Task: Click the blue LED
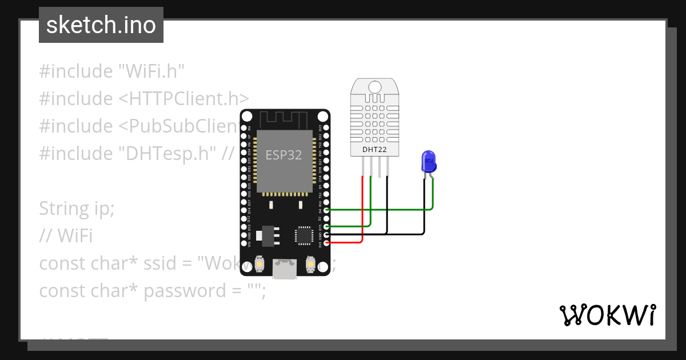(x=428, y=162)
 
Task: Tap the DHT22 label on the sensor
(x=374, y=150)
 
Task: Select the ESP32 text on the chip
(x=284, y=155)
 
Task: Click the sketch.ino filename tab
(x=101, y=25)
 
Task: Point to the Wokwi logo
(x=607, y=315)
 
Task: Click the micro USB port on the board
(x=285, y=269)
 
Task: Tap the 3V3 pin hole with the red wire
(x=326, y=243)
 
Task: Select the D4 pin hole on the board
(x=326, y=210)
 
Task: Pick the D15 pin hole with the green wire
(x=326, y=226)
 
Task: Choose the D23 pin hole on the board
(x=326, y=129)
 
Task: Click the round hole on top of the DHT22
(x=374, y=87)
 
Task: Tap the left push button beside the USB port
(x=260, y=264)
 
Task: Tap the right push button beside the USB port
(x=310, y=264)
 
